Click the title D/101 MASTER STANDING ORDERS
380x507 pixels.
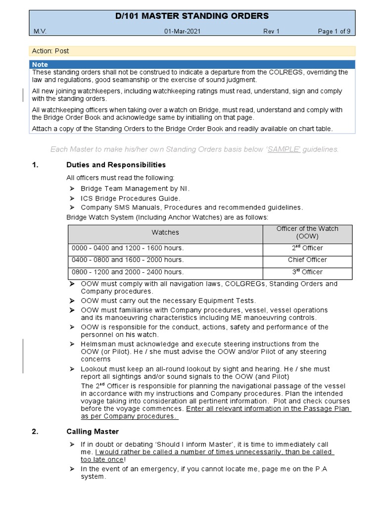[191, 16]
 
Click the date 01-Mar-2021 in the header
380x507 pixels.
[183, 32]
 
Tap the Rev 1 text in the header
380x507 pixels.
[271, 32]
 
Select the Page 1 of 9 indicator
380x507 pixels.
[334, 32]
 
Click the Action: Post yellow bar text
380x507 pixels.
[50, 51]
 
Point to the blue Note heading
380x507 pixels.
[40, 64]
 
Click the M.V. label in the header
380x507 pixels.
[40, 32]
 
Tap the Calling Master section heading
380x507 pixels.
[93, 432]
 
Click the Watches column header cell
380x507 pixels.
[165, 232]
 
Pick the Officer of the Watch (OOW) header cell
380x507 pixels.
[307, 232]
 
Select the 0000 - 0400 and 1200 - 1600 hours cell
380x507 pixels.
[128, 248]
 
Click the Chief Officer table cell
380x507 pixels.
[307, 260]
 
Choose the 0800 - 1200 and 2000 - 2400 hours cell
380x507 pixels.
[128, 272]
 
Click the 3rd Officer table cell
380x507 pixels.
[307, 272]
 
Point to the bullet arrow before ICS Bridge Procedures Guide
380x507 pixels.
[71, 198]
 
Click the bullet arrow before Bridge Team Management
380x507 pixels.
[71, 189]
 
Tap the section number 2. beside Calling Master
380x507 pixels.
[35, 432]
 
